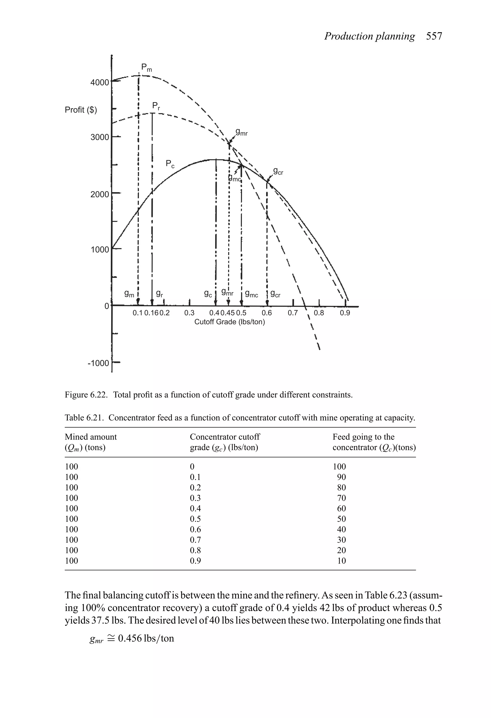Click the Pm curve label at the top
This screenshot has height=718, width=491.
146,67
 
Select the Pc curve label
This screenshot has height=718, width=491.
170,164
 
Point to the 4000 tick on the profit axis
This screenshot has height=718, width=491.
99,83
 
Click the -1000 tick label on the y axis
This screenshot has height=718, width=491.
99,363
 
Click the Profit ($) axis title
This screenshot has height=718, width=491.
81,110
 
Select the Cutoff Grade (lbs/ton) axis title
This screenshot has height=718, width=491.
229,322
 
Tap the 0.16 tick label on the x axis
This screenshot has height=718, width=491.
151,313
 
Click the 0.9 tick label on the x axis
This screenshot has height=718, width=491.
345,313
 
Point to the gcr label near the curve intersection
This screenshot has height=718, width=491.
278,172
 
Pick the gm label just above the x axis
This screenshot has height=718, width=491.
129,294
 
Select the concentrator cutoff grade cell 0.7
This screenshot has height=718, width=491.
195,540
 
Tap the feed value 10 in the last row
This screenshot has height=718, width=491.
341,561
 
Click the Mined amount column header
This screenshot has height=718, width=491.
91,437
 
